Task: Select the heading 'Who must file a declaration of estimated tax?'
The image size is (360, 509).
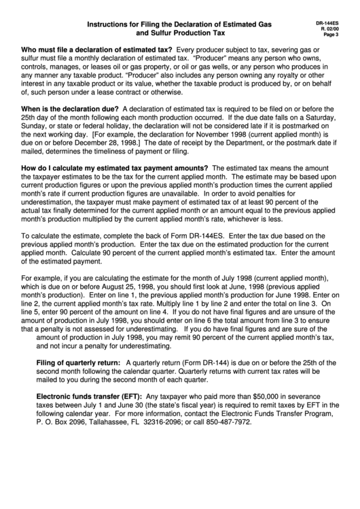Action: [97, 50]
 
